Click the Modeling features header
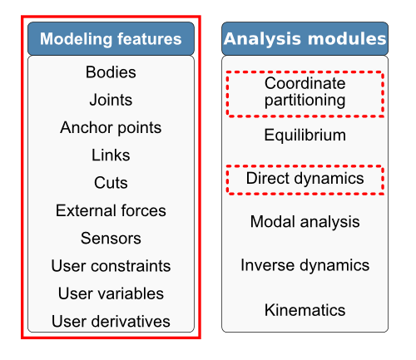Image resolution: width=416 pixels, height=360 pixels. tap(111, 39)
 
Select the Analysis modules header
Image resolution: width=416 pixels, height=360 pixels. tap(305, 39)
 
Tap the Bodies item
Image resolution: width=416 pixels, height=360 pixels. tap(111, 72)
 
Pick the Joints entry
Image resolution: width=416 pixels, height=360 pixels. tap(111, 100)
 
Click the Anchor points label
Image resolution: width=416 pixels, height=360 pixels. tap(111, 128)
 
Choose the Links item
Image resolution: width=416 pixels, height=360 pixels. tap(111, 155)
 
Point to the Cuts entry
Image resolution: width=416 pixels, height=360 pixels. tap(111, 183)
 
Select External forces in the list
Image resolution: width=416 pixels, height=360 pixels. tap(111, 210)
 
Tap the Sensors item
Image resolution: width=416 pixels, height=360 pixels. tap(111, 239)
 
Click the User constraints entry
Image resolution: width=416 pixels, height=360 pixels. tap(111, 266)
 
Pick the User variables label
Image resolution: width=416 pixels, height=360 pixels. tap(111, 293)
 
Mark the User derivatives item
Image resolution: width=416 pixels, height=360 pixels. tap(111, 321)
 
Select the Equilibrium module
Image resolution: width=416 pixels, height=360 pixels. tap(305, 135)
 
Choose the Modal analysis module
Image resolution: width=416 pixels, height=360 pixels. tap(305, 222)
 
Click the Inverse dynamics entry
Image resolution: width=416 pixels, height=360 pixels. tap(305, 265)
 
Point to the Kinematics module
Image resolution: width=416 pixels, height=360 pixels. tap(305, 310)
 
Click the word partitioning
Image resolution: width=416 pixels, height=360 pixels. tap(305, 101)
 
